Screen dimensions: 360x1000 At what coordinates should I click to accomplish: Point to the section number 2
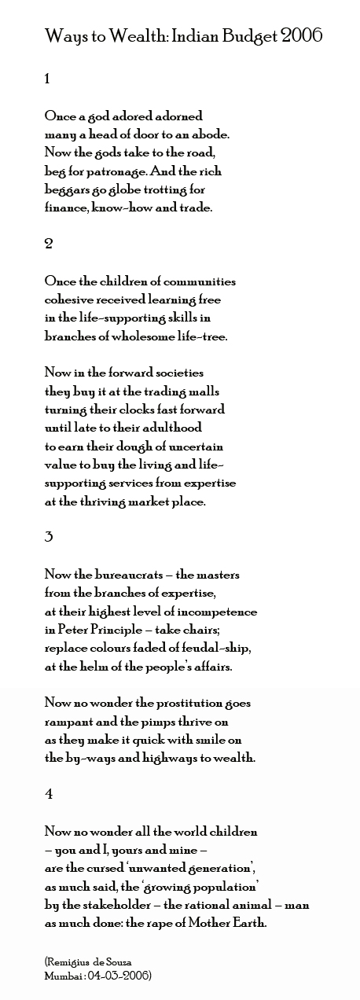(x=49, y=244)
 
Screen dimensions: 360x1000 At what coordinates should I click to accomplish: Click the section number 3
(x=49, y=537)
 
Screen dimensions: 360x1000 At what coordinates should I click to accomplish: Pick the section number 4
(x=49, y=794)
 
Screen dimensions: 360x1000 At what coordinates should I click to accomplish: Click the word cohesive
(x=72, y=300)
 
